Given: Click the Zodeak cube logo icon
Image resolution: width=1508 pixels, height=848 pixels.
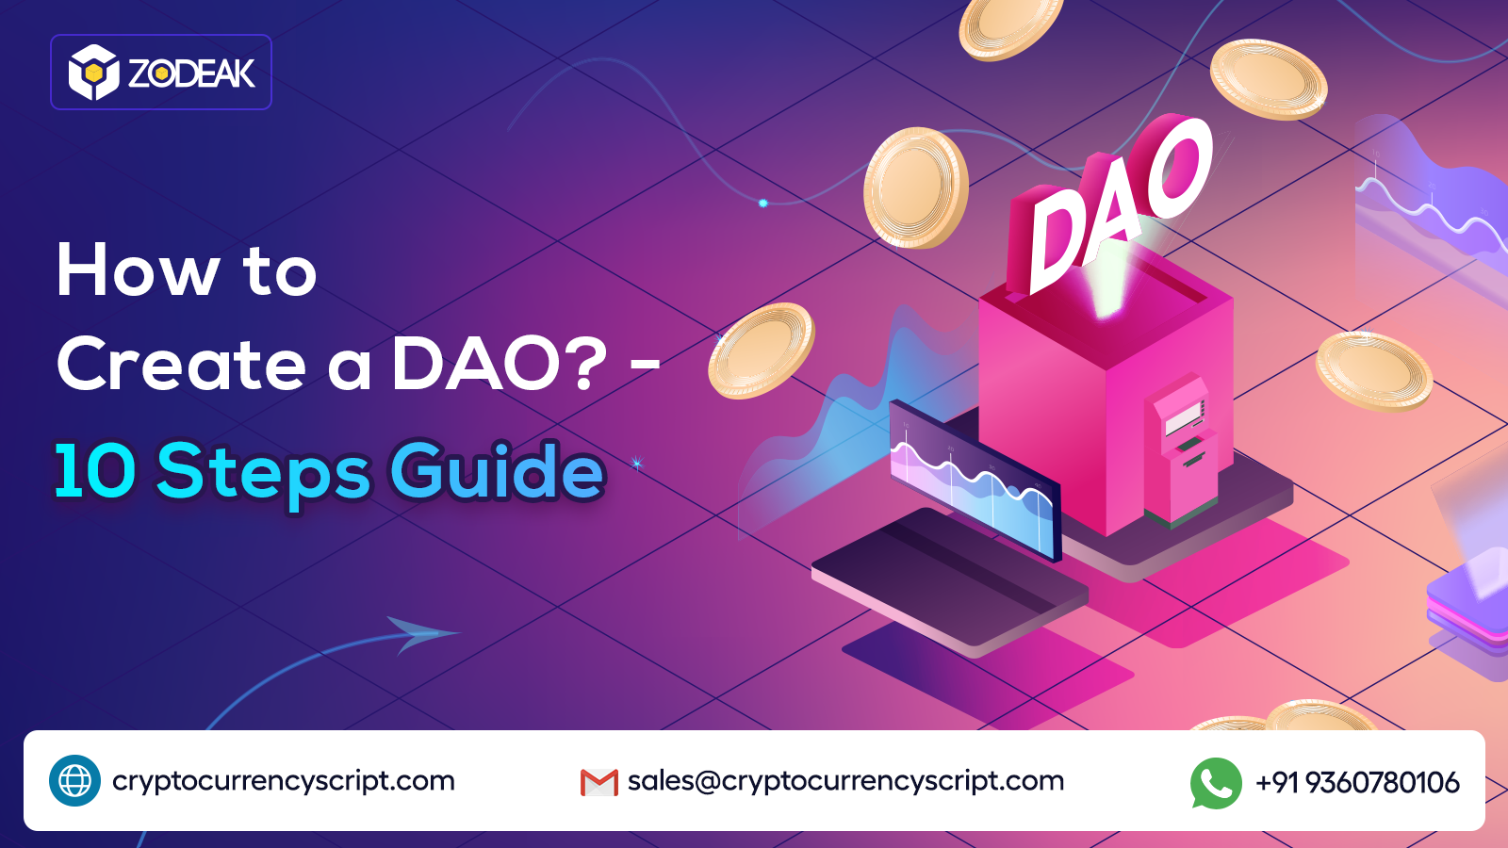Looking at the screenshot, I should (93, 73).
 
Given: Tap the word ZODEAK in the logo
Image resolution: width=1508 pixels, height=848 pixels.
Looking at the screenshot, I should (191, 73).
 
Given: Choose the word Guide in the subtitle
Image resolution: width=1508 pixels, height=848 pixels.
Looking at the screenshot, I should (497, 470).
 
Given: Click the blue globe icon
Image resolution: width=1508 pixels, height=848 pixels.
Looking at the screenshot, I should (74, 780).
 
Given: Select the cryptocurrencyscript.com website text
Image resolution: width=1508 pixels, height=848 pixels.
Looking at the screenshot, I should (283, 781).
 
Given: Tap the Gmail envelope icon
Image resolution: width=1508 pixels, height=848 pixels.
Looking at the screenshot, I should (598, 782).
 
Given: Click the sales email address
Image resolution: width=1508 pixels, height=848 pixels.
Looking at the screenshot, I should (845, 781).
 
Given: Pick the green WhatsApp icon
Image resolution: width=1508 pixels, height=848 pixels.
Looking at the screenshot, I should (1216, 782).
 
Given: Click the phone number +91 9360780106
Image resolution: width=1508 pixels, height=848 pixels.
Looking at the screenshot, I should (1357, 782).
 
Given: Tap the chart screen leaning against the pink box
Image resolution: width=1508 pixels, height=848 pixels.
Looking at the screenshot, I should (975, 481).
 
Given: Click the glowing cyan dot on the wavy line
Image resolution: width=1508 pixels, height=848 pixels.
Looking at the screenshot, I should (763, 203).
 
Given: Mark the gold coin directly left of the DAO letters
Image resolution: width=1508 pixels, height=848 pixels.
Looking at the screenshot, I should (915, 188).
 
